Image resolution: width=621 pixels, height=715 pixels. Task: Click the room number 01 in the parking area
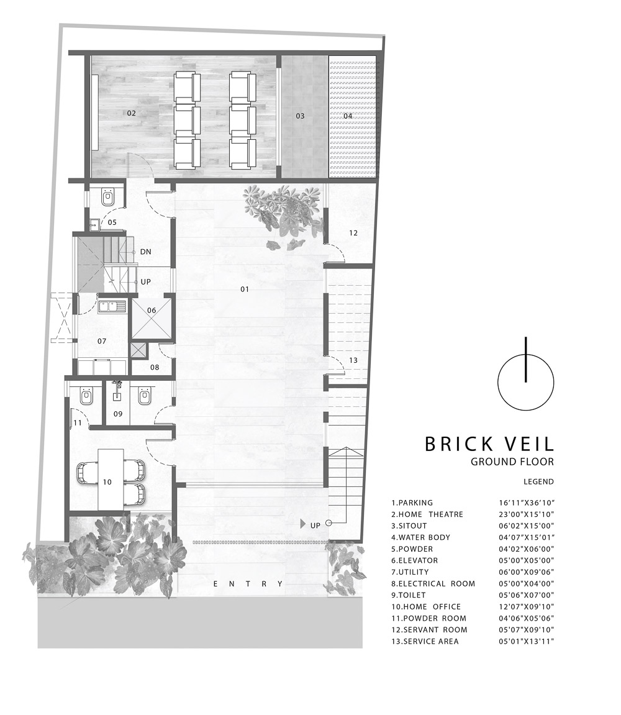tap(245, 289)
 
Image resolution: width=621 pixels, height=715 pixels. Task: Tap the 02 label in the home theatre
tap(131, 112)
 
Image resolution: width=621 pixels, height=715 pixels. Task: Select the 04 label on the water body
tap(348, 116)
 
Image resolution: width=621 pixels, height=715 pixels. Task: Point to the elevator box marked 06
tap(152, 317)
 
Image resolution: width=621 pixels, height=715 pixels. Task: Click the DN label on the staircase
tap(145, 252)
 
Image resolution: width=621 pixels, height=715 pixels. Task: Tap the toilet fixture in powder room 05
tap(108, 198)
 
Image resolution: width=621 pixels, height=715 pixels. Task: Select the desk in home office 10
tap(111, 480)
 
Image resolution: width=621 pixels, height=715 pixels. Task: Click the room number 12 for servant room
tap(353, 233)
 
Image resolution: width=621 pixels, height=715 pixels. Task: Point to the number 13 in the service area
tap(353, 360)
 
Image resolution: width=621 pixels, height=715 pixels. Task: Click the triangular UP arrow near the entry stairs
tap(303, 524)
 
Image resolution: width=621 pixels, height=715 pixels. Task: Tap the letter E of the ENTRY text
tap(216, 584)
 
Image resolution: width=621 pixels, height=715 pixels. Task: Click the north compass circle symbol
tap(526, 382)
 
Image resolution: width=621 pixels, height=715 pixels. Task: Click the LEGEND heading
tap(538, 481)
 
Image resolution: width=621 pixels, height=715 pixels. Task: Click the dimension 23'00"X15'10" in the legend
tap(527, 514)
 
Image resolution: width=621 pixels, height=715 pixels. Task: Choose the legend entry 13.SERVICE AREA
tap(425, 641)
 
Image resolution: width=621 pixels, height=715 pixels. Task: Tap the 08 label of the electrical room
tap(155, 367)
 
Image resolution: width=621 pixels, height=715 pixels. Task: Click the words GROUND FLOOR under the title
tap(512, 462)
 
